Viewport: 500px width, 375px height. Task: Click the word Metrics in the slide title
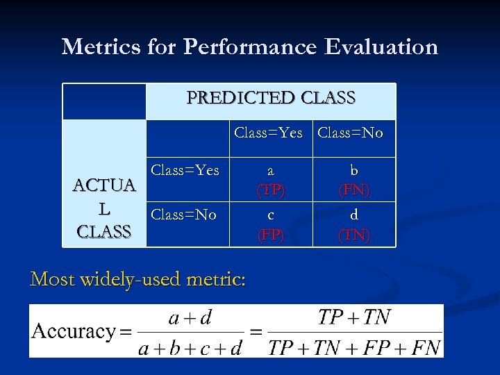coord(101,47)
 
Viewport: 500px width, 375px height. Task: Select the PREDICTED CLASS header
coord(271,98)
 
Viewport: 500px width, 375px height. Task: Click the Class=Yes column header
coord(268,133)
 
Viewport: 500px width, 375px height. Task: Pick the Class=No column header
coord(350,133)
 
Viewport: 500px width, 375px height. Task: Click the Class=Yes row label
coord(185,170)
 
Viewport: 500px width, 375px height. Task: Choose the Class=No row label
coord(183,215)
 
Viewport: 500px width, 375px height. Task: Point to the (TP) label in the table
coord(271,190)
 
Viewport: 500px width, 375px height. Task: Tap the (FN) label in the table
coord(354,190)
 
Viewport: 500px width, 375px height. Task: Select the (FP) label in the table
coord(271,235)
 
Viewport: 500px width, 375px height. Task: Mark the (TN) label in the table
coord(354,235)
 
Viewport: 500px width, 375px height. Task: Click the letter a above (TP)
coord(271,171)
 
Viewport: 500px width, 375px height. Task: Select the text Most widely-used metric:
coord(137,279)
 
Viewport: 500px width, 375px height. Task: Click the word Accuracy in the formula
coord(73,331)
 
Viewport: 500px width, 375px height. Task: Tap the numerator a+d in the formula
coord(190,318)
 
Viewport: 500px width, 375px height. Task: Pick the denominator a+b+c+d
coord(190,346)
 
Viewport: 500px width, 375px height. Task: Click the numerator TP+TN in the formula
coord(354,317)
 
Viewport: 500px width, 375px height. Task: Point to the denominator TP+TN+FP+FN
coord(354,346)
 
